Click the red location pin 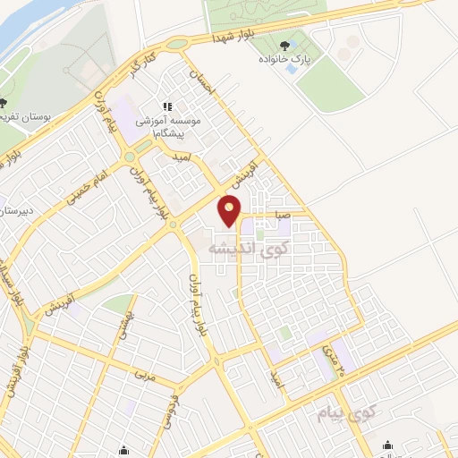coord(231,211)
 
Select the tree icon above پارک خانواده coord(285,45)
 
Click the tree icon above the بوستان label coord(5,103)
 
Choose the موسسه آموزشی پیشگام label coord(168,124)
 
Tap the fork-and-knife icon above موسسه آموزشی coord(167,106)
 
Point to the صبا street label coord(282,215)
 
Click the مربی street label coord(145,376)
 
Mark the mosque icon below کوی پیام coord(387,445)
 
